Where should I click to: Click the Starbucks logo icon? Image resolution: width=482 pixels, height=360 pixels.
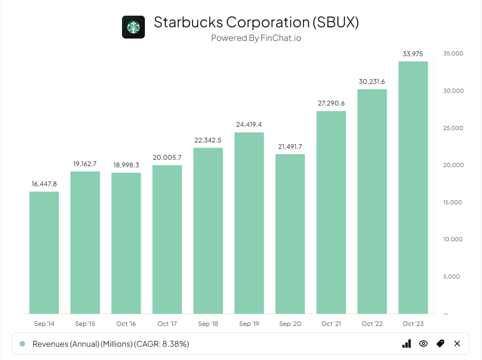(133, 27)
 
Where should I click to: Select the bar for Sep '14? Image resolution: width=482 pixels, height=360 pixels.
(44, 253)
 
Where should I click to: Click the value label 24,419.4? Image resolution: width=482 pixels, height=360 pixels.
(249, 124)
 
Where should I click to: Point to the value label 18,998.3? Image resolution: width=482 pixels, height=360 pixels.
(126, 165)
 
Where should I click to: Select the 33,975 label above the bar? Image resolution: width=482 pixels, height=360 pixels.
(413, 54)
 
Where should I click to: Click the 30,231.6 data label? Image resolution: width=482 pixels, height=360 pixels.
(372, 81)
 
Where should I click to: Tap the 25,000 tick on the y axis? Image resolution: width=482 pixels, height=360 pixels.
(454, 128)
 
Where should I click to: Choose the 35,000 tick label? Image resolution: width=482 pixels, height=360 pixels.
(454, 54)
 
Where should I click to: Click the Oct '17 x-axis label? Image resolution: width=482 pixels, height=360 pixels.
(167, 324)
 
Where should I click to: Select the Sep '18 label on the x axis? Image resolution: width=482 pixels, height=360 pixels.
(208, 324)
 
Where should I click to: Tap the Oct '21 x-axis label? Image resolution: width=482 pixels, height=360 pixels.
(331, 324)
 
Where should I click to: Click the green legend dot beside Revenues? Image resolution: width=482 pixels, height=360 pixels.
(22, 344)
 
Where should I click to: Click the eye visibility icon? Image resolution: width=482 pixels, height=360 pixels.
(423, 344)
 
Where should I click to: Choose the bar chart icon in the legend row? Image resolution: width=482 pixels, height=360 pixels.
(406, 344)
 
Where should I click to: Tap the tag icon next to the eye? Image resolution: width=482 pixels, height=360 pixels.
(440, 344)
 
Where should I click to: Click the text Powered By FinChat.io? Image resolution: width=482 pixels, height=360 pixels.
(256, 38)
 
